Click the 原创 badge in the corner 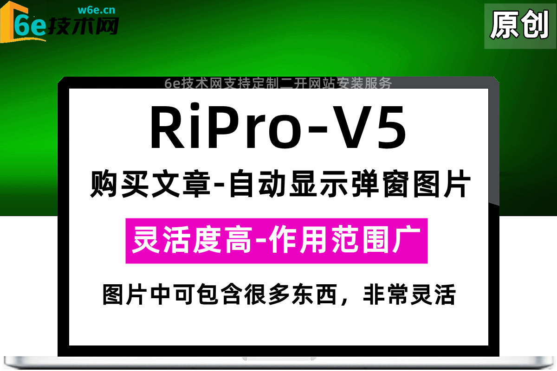(519, 25)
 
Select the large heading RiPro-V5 (278, 128)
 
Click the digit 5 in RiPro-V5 (387, 128)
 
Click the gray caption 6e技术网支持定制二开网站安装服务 (278, 83)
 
